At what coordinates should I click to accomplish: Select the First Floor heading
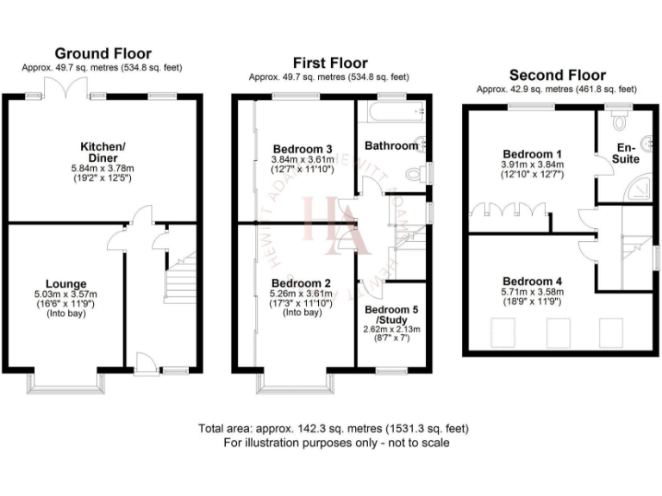click(x=329, y=63)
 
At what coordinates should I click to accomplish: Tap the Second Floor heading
click(x=557, y=75)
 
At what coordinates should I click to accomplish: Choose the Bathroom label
click(x=390, y=146)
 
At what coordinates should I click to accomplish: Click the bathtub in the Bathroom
click(x=392, y=111)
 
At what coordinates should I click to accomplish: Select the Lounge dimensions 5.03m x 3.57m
click(x=67, y=294)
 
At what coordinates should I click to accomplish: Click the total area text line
click(x=334, y=428)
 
